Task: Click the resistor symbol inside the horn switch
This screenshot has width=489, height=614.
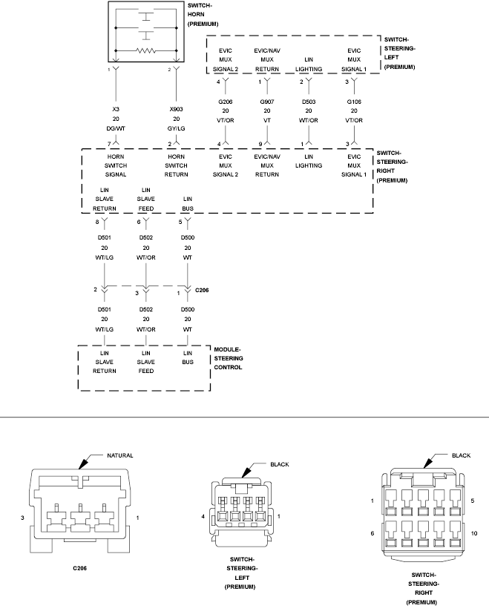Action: (146, 51)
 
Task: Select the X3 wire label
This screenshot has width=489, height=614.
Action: (115, 109)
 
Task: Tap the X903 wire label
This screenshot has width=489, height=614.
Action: (176, 109)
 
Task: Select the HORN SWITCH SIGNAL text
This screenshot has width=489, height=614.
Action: (115, 165)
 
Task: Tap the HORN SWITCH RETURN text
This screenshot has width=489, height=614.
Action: (176, 165)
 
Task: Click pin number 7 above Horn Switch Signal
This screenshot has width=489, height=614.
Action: (108, 143)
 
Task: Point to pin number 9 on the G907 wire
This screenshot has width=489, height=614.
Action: (260, 143)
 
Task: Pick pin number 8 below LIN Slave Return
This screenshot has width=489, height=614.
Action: (97, 222)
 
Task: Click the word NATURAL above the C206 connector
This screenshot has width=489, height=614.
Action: (119, 456)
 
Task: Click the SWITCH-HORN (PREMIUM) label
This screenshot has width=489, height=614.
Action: (200, 14)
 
